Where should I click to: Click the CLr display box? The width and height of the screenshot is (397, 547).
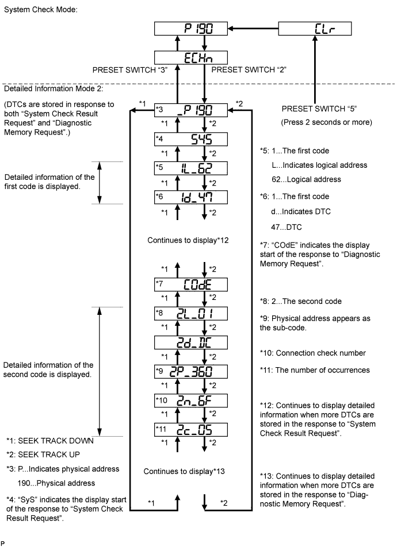(315, 29)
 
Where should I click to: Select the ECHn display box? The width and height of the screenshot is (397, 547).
(191, 57)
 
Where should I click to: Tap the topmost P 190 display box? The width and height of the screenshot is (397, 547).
(191, 29)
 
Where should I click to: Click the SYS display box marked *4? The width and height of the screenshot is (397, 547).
(191, 139)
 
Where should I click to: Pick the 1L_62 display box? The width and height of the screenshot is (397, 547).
(191, 168)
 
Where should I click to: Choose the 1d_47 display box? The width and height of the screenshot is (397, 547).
(191, 197)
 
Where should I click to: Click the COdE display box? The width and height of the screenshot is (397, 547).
(191, 284)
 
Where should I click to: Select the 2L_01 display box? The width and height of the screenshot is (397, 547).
(191, 314)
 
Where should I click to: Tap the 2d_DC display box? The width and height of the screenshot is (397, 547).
(191, 342)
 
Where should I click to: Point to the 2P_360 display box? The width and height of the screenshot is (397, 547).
(191, 372)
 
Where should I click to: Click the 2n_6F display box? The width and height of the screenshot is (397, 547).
(191, 400)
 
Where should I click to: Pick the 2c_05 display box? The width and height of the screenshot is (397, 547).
(191, 429)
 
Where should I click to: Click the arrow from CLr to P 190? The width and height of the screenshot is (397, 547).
(253, 29)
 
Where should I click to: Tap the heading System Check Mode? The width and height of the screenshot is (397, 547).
(40, 10)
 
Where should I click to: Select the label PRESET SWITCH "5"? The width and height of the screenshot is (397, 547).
(319, 109)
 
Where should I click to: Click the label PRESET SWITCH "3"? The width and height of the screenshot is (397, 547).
(130, 70)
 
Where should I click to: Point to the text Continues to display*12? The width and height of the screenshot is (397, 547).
(188, 240)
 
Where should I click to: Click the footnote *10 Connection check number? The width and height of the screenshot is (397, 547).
(313, 353)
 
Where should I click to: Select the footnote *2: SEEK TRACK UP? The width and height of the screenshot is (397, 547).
(43, 454)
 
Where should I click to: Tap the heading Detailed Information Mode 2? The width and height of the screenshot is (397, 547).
(54, 88)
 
